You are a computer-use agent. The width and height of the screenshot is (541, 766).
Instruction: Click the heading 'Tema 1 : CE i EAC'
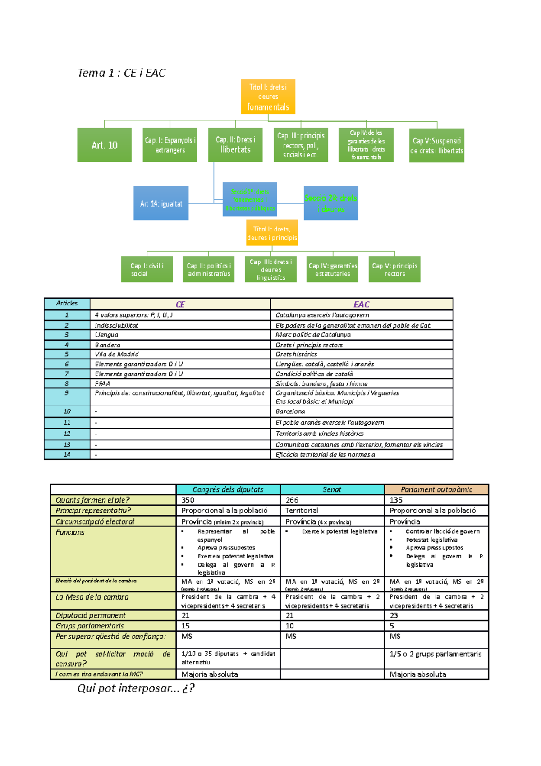122,73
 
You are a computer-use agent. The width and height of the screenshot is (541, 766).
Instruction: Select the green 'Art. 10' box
104,145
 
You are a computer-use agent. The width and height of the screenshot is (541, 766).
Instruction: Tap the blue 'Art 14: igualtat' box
161,203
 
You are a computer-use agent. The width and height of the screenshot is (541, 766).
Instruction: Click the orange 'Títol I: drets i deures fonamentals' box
268,97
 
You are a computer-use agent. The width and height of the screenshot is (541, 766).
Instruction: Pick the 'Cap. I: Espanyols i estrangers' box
170,145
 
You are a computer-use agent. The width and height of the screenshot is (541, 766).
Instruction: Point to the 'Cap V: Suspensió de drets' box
436,145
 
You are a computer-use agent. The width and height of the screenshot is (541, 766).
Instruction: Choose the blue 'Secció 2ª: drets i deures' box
331,203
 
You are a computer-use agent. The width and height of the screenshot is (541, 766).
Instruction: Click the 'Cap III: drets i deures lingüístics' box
271,270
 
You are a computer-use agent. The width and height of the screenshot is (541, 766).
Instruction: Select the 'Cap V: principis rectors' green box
394,270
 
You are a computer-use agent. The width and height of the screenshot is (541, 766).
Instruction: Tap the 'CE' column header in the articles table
180,305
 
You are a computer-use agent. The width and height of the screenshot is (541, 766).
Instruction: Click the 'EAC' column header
361,305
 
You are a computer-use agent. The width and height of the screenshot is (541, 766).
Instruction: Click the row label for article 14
67,455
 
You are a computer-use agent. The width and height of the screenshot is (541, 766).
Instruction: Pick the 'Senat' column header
332,489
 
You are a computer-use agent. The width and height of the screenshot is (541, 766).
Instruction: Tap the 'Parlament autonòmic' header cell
436,489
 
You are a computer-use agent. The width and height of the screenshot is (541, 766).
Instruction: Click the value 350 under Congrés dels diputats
188,500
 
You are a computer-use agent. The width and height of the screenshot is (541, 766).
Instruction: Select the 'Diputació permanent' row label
91,615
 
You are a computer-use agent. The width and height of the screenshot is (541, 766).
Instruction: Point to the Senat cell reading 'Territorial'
302,511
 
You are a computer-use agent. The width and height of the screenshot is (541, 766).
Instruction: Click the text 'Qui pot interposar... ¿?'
136,688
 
